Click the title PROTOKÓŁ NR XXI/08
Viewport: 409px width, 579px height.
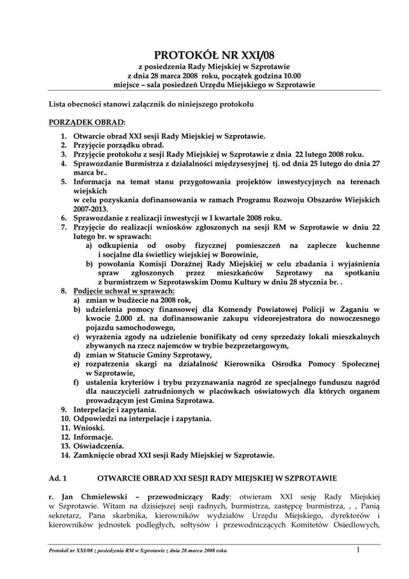(214, 55)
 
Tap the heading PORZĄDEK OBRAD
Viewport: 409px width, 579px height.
(87, 122)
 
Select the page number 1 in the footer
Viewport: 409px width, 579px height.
(358, 549)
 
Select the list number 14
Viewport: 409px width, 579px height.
(65, 455)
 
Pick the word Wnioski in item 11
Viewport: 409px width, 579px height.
(89, 427)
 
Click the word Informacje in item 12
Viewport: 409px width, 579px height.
(93, 437)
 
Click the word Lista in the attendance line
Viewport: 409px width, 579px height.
(58, 104)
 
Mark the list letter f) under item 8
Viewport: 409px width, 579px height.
(76, 382)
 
